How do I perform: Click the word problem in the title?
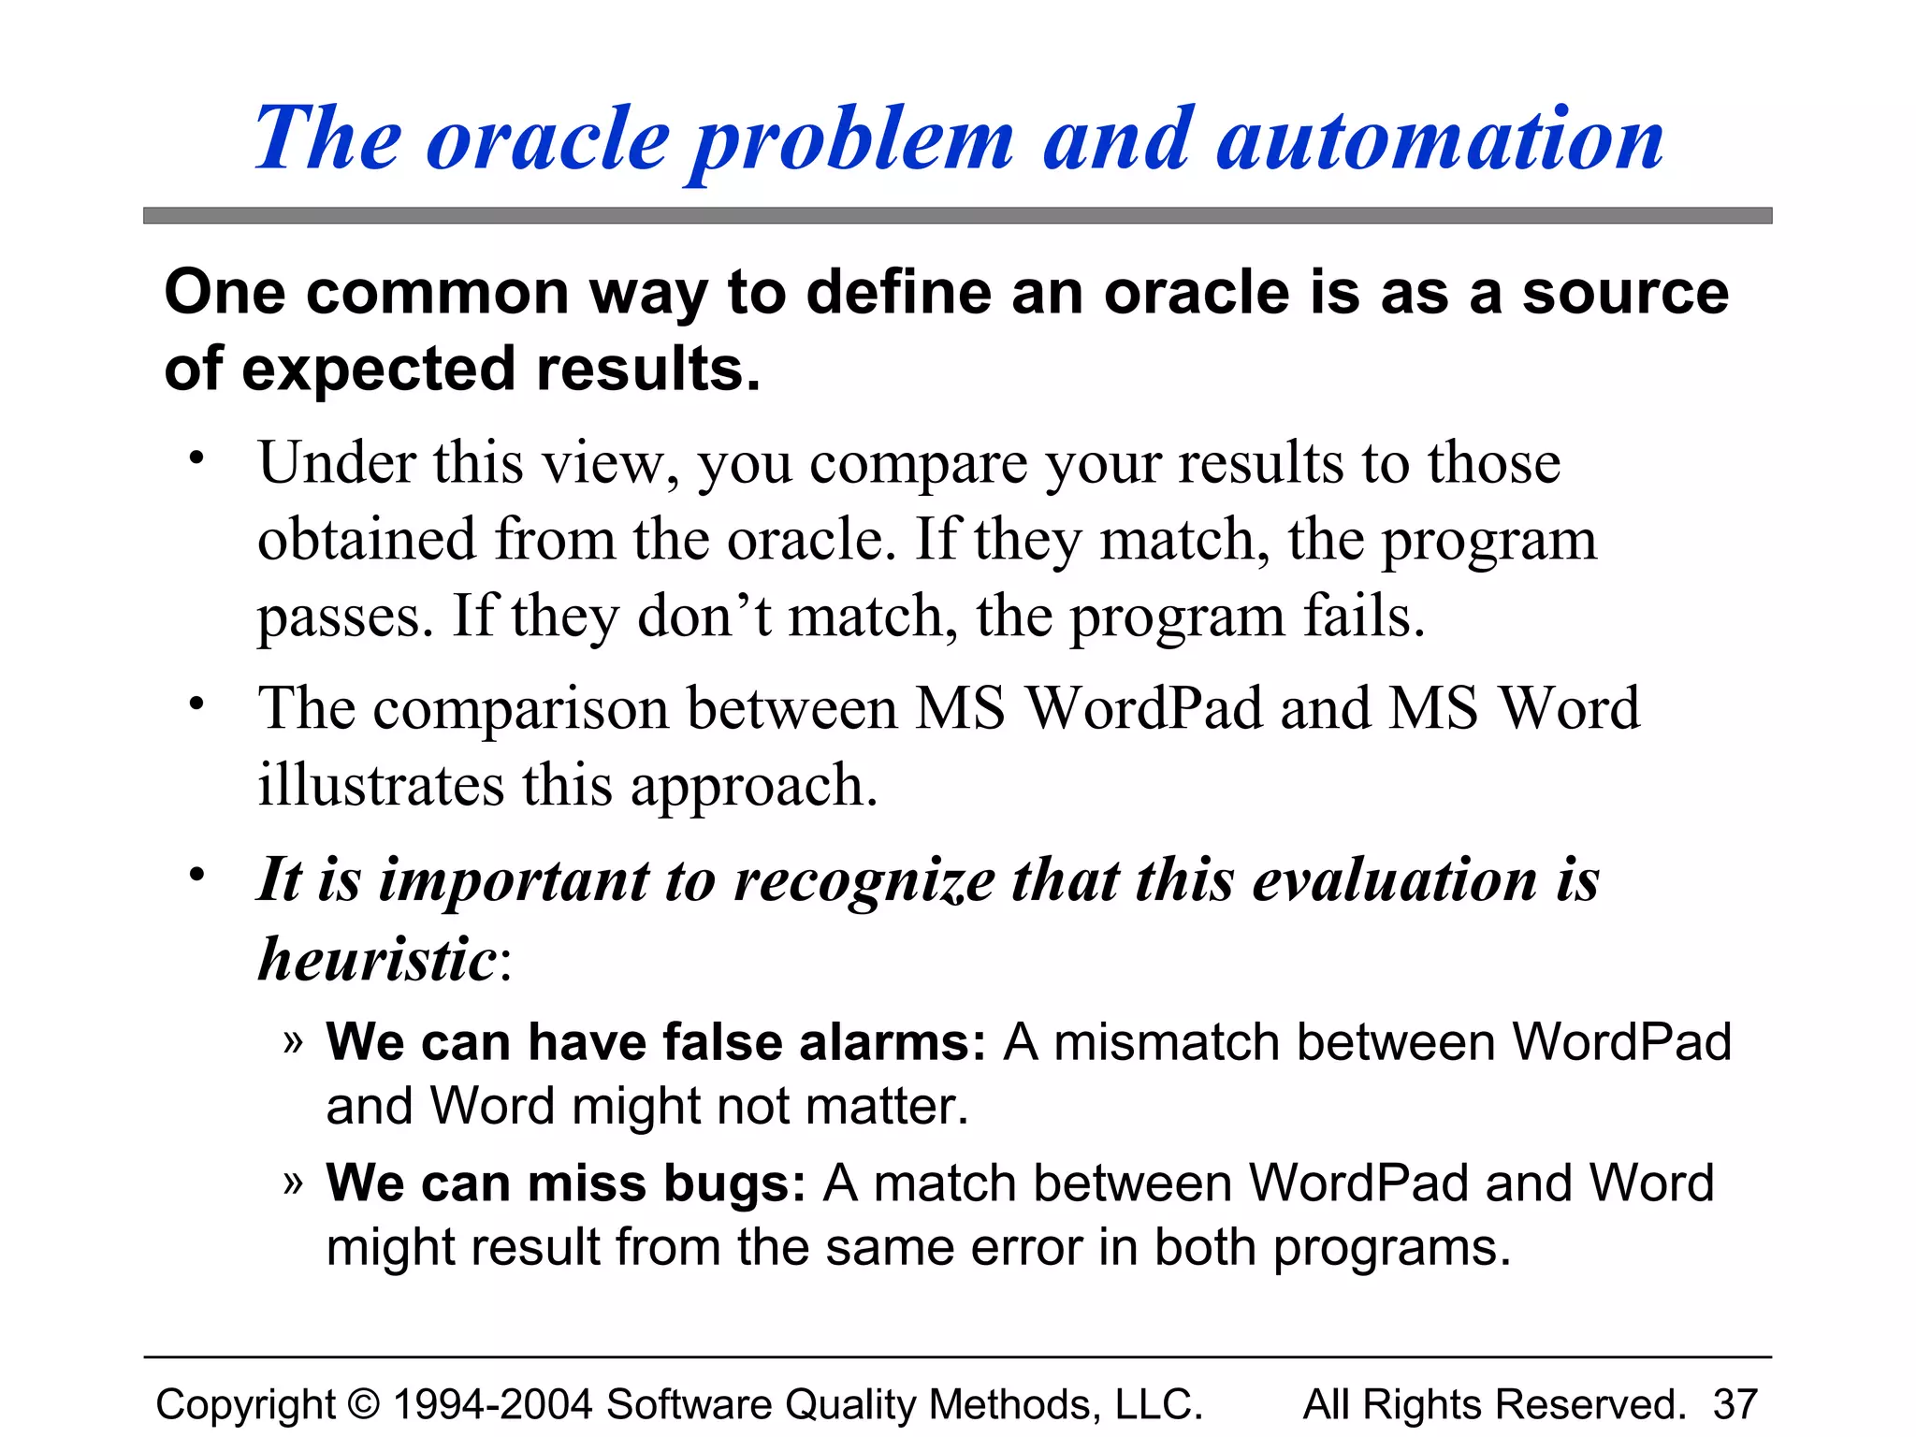[x=851, y=140]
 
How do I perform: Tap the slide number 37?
[x=1735, y=1404]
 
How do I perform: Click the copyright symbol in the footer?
[x=364, y=1404]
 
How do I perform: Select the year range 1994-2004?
[x=492, y=1404]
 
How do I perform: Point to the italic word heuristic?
[x=377, y=959]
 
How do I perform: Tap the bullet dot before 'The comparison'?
[x=196, y=704]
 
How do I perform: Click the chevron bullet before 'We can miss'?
[x=293, y=1183]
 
